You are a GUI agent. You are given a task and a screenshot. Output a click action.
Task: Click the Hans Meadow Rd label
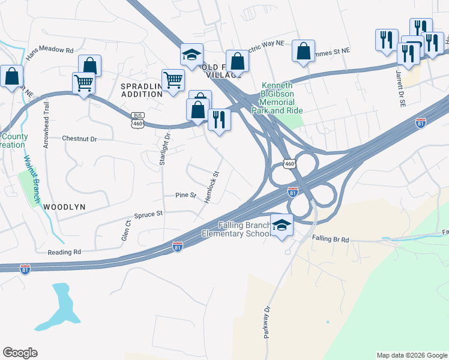(x=49, y=54)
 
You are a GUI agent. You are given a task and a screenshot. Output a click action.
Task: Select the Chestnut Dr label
(x=79, y=139)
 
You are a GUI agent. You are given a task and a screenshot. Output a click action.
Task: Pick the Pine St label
(x=185, y=196)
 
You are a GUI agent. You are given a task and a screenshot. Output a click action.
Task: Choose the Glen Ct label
(x=126, y=231)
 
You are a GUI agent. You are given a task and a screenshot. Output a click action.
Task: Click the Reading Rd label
(x=64, y=253)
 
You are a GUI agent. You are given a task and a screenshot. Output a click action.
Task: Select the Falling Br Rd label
(x=330, y=239)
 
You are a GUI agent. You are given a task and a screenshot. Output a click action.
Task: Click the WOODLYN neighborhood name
(x=64, y=206)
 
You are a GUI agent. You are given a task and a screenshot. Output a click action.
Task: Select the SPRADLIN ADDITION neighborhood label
(x=142, y=90)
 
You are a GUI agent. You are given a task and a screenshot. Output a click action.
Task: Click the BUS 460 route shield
(x=137, y=119)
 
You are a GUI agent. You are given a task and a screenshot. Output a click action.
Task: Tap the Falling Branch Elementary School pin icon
(x=282, y=226)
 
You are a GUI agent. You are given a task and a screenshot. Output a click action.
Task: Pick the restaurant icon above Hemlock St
(x=219, y=120)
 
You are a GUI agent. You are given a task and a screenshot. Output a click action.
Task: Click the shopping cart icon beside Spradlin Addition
(x=173, y=80)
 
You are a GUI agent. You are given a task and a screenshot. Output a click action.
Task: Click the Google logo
(x=20, y=353)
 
